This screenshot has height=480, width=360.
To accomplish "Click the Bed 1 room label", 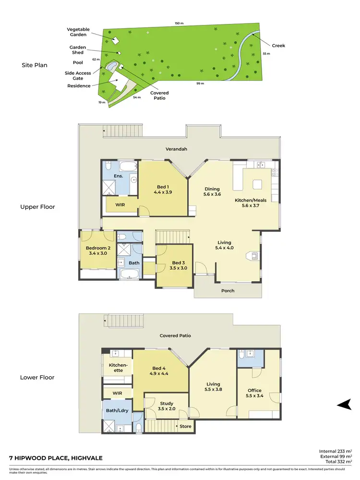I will (x=162, y=187).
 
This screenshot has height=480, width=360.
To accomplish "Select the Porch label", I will (x=228, y=290).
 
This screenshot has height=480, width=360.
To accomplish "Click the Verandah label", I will (x=177, y=149).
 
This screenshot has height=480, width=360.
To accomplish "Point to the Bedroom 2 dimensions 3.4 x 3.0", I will (x=98, y=253).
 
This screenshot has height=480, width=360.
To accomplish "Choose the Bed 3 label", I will (x=178, y=263).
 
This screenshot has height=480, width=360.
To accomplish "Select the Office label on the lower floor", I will (x=254, y=390).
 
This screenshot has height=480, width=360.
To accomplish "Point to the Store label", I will (x=185, y=426).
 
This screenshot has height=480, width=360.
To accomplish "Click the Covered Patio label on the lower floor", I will (x=175, y=336).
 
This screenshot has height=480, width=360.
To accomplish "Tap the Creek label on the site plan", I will (x=278, y=46).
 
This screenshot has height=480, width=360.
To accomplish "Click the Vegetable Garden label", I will (x=78, y=32).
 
